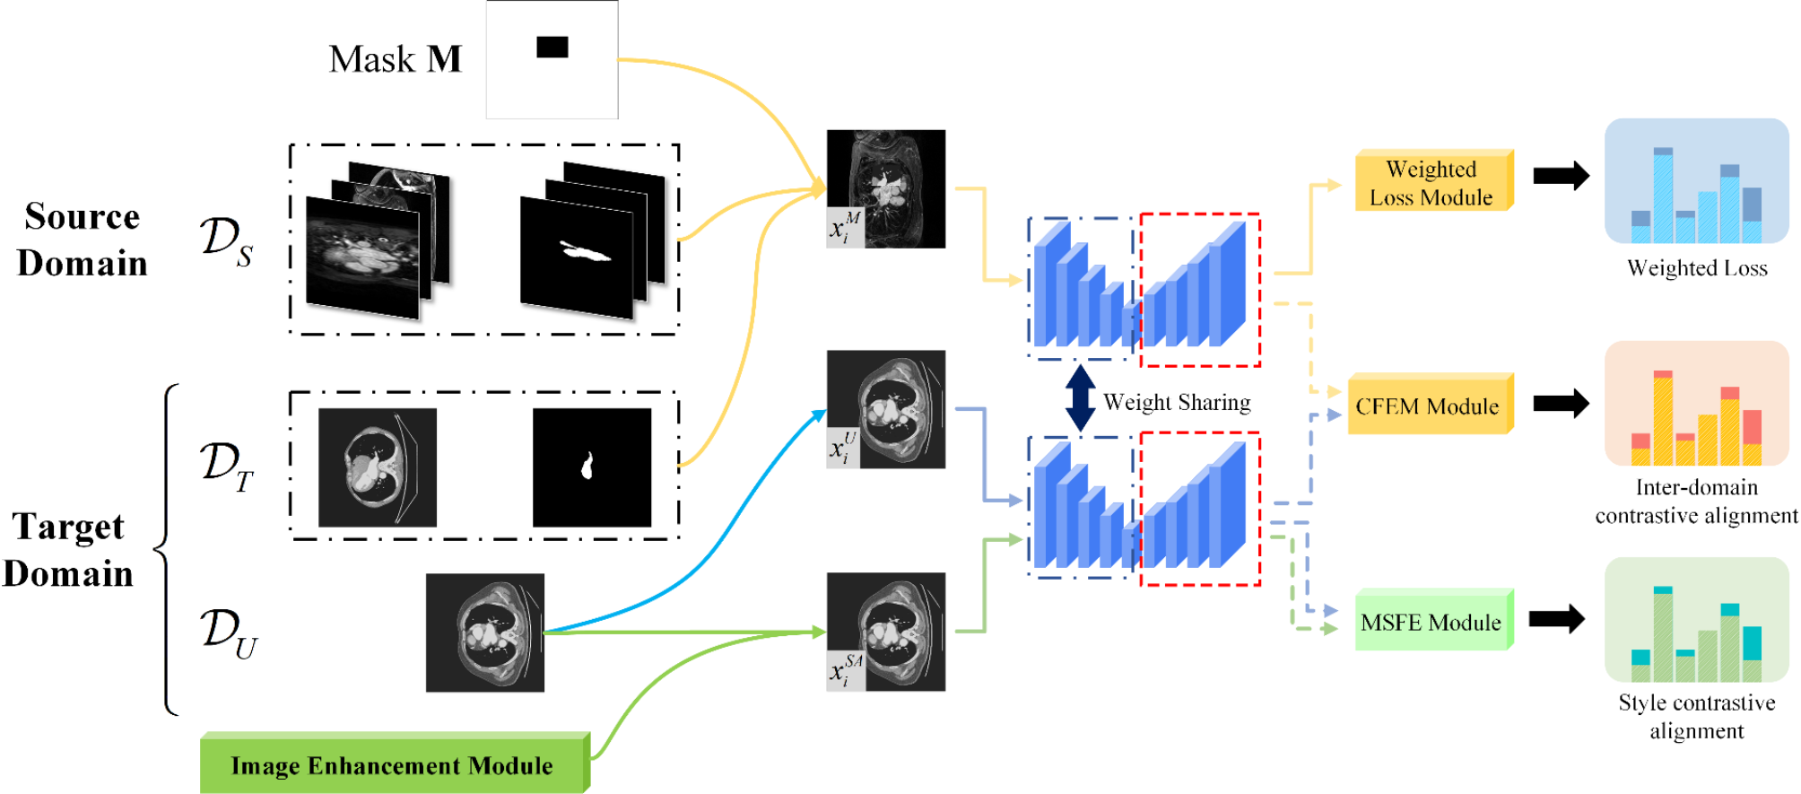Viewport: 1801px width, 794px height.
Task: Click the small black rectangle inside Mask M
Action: pyautogui.click(x=552, y=47)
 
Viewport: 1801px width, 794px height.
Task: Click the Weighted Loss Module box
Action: pyautogui.click(x=1432, y=182)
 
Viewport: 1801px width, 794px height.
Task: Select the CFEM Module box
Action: pyautogui.click(x=1428, y=406)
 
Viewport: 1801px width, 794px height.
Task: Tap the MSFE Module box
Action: pyautogui.click(x=1431, y=622)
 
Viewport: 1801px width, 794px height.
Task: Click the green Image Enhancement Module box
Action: pyautogui.click(x=393, y=765)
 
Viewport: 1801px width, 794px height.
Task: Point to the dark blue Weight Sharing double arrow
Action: pyautogui.click(x=1081, y=398)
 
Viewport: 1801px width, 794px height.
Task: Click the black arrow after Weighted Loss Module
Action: pyautogui.click(x=1561, y=175)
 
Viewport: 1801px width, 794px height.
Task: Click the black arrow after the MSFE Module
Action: pyautogui.click(x=1556, y=618)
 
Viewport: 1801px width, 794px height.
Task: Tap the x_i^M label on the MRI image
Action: pyautogui.click(x=844, y=228)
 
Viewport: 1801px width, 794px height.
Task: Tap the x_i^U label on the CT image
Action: pyautogui.click(x=843, y=448)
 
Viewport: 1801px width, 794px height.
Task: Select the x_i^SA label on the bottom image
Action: pyautogui.click(x=845, y=670)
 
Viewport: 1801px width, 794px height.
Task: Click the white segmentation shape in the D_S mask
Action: pyautogui.click(x=585, y=252)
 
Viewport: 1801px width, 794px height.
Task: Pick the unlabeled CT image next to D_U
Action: pyautogui.click(x=484, y=633)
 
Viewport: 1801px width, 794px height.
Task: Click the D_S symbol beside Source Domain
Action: pyautogui.click(x=226, y=240)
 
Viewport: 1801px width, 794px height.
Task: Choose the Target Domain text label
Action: pyautogui.click(x=68, y=549)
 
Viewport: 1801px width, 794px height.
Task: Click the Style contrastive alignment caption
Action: pyautogui.click(x=1696, y=716)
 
